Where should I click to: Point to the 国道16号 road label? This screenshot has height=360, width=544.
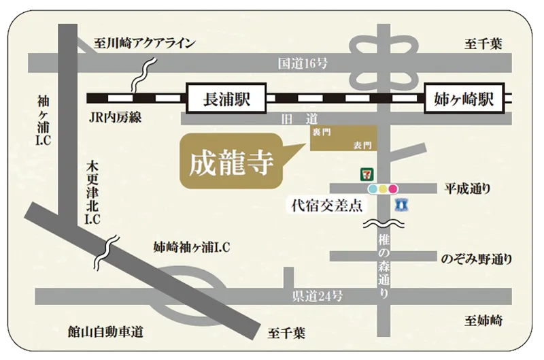(x=304, y=64)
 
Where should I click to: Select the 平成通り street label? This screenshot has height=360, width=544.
(x=468, y=188)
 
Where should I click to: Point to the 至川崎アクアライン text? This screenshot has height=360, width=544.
(x=143, y=43)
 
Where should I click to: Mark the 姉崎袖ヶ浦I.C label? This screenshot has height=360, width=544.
(x=191, y=248)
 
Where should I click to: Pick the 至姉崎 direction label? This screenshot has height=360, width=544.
(x=483, y=320)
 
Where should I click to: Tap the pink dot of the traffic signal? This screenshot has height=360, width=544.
(x=394, y=189)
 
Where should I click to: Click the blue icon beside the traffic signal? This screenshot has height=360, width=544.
(x=402, y=203)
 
